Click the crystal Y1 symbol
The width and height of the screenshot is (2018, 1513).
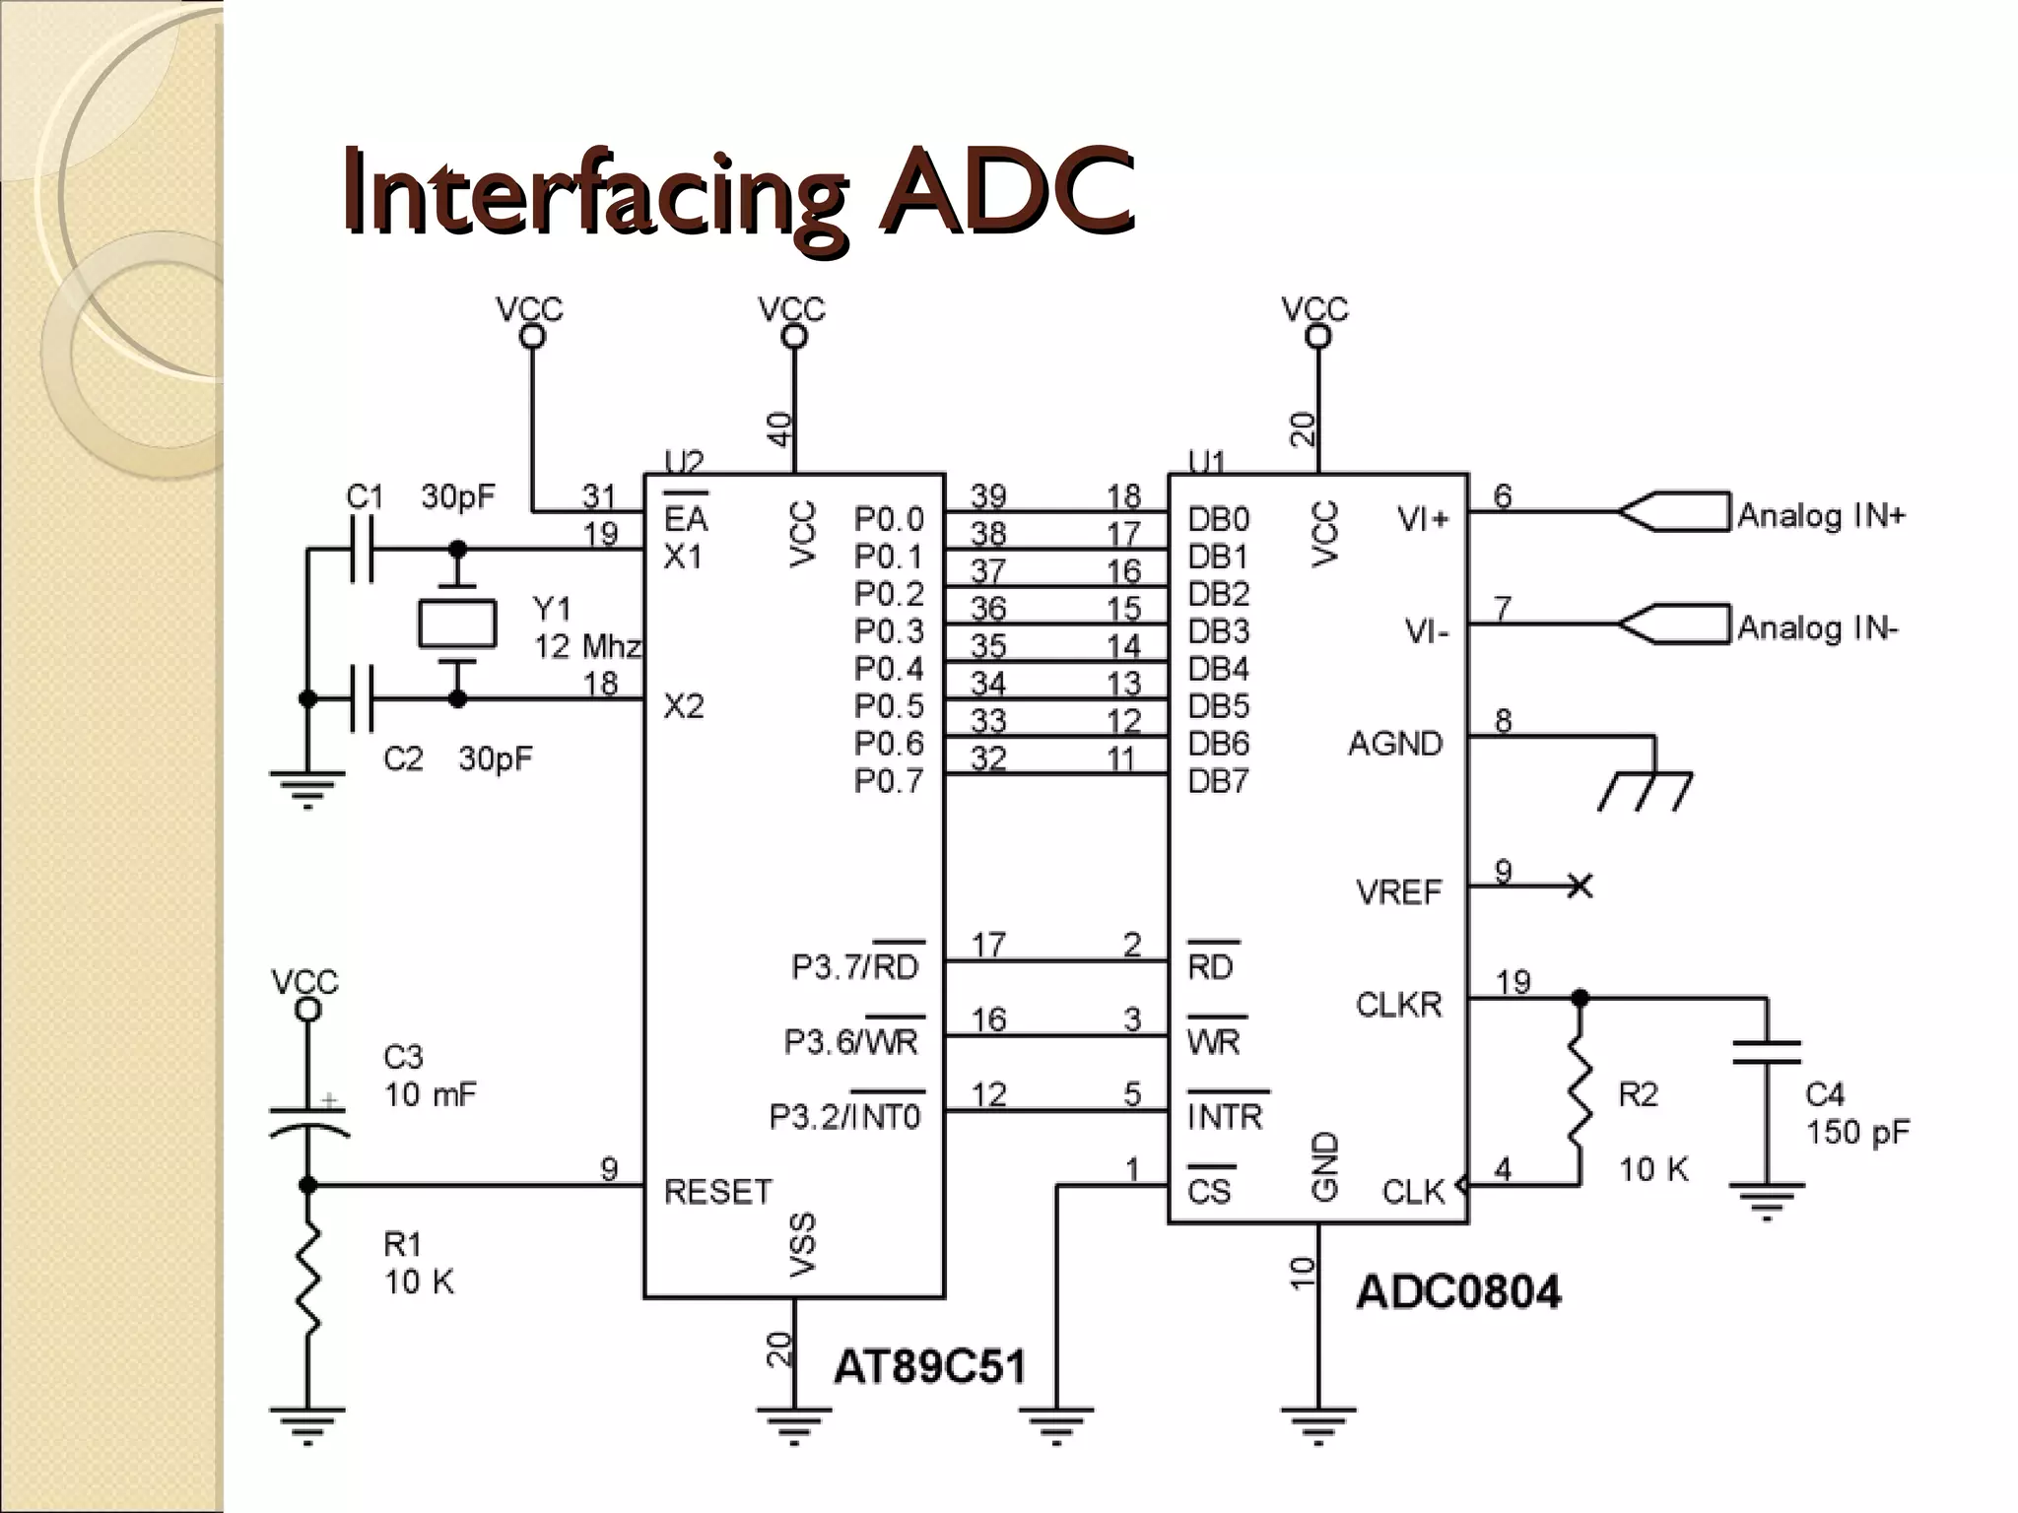(456, 624)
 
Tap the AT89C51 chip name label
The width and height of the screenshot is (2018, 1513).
(929, 1366)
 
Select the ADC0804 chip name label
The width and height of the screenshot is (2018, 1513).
(1458, 1291)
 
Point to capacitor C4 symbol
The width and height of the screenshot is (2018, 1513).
(1766, 1052)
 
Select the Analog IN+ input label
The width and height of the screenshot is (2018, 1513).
(1821, 515)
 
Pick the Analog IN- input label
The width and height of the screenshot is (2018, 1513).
(1817, 627)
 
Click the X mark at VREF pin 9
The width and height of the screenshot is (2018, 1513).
(1580, 886)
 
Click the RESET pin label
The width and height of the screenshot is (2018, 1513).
(717, 1192)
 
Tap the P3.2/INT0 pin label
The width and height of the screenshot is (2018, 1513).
(844, 1117)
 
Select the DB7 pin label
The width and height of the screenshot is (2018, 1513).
(1218, 781)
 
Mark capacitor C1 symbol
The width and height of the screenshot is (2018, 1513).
(363, 550)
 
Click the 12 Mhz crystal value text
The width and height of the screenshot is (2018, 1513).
(587, 647)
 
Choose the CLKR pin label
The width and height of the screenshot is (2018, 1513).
(1398, 1005)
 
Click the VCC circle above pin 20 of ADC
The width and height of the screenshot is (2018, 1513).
(1317, 337)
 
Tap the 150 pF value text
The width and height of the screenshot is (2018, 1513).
(1857, 1132)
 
